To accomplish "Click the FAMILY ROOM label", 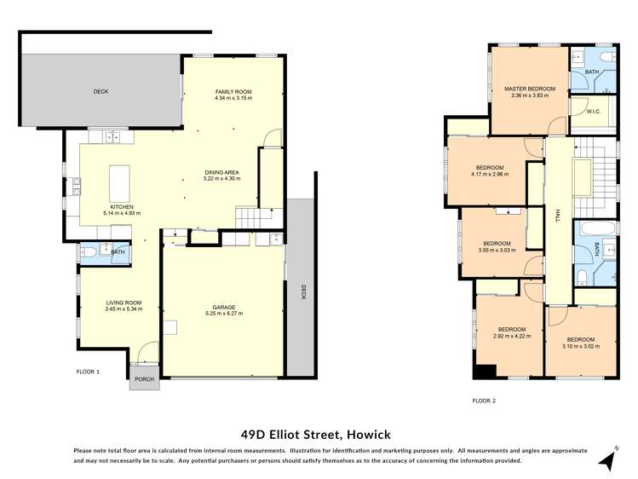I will coord(233,91).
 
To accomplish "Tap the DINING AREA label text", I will coord(221,172).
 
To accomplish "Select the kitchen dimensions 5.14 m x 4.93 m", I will coord(121,213).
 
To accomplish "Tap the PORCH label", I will coord(144,379).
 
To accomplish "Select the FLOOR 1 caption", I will coord(88,372).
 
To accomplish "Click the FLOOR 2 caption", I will coord(483,400).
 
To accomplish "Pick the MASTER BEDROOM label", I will coord(529,89).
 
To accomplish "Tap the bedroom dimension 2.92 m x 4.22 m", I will coord(512,336).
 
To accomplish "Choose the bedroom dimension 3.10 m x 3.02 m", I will coord(580,346).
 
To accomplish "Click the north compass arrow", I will coord(607,460).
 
